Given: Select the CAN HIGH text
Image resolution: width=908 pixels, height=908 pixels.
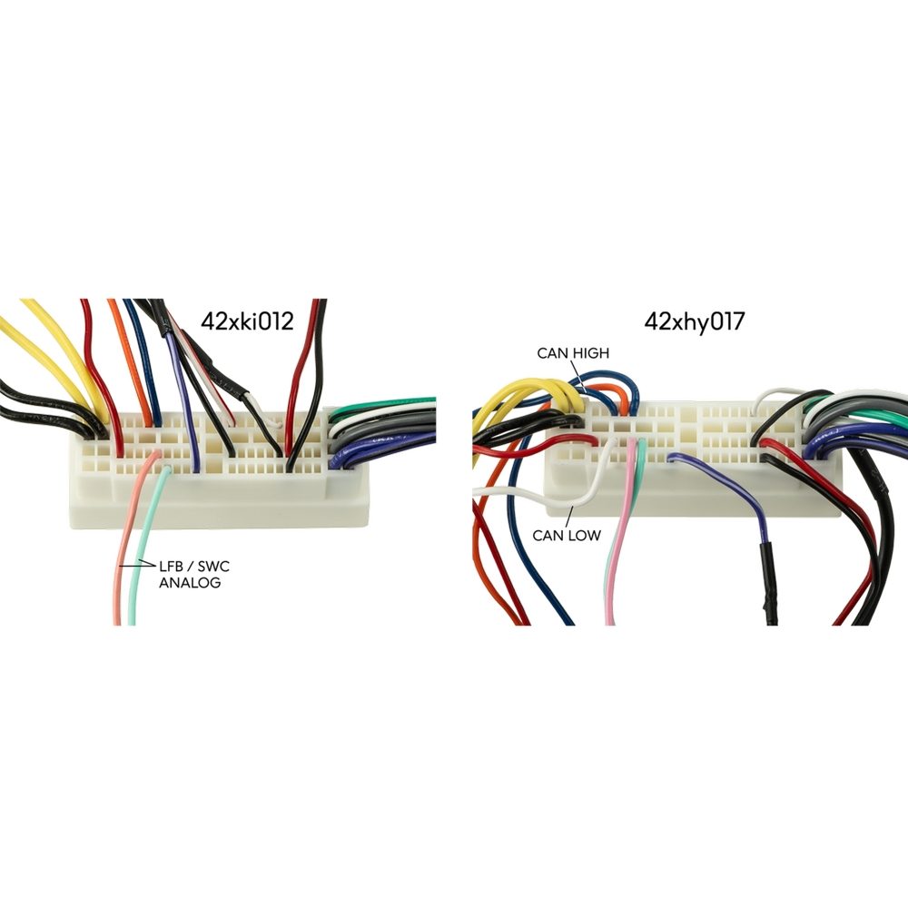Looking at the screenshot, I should point(573,353).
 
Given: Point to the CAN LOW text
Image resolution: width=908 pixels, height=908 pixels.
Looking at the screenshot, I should point(567,535).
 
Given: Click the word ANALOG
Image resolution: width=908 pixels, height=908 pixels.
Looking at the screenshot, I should point(190,583).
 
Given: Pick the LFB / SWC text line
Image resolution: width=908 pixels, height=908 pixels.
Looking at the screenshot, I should point(194,567).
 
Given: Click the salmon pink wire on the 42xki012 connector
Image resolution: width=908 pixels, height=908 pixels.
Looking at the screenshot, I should point(125,545).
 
